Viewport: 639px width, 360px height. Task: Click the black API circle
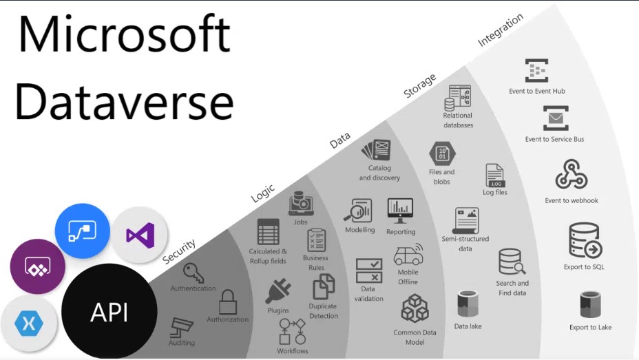point(109,312)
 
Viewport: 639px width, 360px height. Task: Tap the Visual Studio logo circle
point(140,235)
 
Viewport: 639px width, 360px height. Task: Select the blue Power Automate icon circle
point(83,231)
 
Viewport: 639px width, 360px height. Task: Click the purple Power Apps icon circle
point(37,267)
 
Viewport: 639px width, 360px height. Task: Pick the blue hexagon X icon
point(28,324)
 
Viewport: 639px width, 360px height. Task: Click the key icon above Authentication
point(193,273)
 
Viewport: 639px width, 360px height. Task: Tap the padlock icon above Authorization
point(227,301)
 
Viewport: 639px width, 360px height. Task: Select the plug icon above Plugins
point(278,290)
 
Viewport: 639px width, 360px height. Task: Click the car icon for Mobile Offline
point(408,255)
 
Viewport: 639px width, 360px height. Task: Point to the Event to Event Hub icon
point(536,70)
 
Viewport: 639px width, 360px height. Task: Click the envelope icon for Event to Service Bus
point(556,118)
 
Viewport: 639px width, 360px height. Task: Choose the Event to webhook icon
point(571,174)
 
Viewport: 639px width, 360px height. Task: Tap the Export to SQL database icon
point(585,240)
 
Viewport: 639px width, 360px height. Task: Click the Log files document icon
point(495,176)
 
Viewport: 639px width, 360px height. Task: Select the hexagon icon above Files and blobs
point(442,153)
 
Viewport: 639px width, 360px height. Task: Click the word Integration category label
point(501,30)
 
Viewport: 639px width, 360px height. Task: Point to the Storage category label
point(420,85)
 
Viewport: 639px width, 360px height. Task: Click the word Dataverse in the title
point(125,101)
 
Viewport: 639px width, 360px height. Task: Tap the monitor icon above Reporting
point(400,211)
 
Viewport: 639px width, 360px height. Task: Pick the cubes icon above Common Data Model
point(415,308)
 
